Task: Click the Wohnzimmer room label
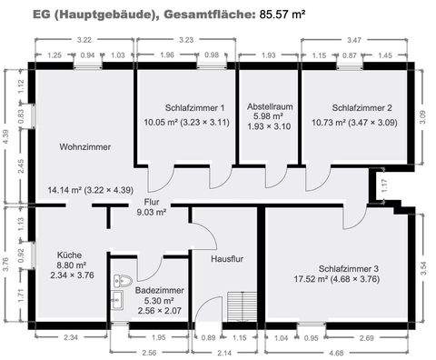85,145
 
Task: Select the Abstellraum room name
268,106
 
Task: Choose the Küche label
71,255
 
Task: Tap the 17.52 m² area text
309,280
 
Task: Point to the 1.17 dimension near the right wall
383,188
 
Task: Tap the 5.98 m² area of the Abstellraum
268,116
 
